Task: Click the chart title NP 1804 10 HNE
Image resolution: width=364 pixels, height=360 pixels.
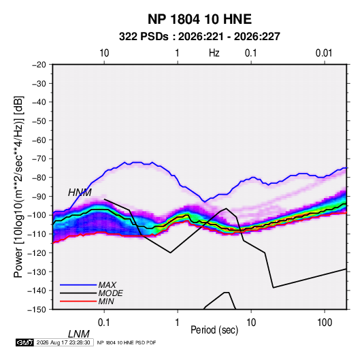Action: [x=199, y=19]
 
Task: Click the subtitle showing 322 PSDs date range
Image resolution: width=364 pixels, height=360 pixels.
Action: [x=199, y=37]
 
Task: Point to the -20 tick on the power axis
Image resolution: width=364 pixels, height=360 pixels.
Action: [x=39, y=65]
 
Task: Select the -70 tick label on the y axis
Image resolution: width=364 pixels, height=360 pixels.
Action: [x=39, y=159]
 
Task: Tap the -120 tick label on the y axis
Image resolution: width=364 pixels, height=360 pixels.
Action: [x=37, y=252]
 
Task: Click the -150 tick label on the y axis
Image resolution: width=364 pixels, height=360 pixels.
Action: [x=37, y=310]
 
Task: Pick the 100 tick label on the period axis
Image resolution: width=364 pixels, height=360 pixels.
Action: [x=325, y=322]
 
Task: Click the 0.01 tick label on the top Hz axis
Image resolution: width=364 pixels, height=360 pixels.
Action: [x=324, y=53]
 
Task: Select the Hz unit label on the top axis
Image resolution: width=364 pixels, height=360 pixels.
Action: [x=214, y=53]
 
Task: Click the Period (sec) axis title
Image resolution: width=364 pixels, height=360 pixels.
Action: [x=214, y=330]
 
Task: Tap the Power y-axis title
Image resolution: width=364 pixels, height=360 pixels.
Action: [x=18, y=187]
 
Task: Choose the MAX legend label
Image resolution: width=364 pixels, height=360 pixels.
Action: [x=107, y=284]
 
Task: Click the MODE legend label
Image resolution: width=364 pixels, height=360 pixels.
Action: [x=110, y=293]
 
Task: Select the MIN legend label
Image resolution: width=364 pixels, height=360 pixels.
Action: [x=106, y=301]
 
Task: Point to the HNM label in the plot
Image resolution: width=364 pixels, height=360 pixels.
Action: [x=80, y=193]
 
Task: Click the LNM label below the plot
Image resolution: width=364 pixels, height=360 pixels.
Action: [x=78, y=334]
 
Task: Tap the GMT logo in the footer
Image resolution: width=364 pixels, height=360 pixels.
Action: [x=25, y=342]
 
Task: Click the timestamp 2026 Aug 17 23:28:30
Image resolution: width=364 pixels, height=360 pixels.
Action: [x=63, y=342]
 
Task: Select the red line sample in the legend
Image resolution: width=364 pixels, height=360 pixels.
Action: [x=78, y=301]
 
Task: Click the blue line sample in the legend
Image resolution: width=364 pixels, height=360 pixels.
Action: [x=78, y=284]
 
